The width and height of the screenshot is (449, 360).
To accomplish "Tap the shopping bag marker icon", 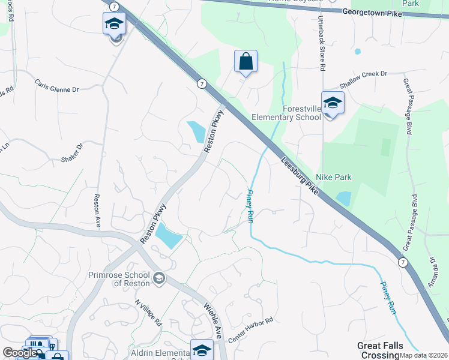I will click(246, 61).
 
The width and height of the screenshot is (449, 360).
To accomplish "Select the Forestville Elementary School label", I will click(287, 113).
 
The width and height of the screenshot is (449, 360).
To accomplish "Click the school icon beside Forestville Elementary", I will click(333, 103).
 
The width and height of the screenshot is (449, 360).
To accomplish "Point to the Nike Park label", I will click(334, 177).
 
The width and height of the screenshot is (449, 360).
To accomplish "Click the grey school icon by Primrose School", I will click(158, 278).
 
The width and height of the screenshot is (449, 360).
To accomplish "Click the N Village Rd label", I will click(148, 313).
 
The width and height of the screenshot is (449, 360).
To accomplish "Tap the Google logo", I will click(20, 353).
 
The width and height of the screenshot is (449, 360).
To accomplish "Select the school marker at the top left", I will click(113, 25).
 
